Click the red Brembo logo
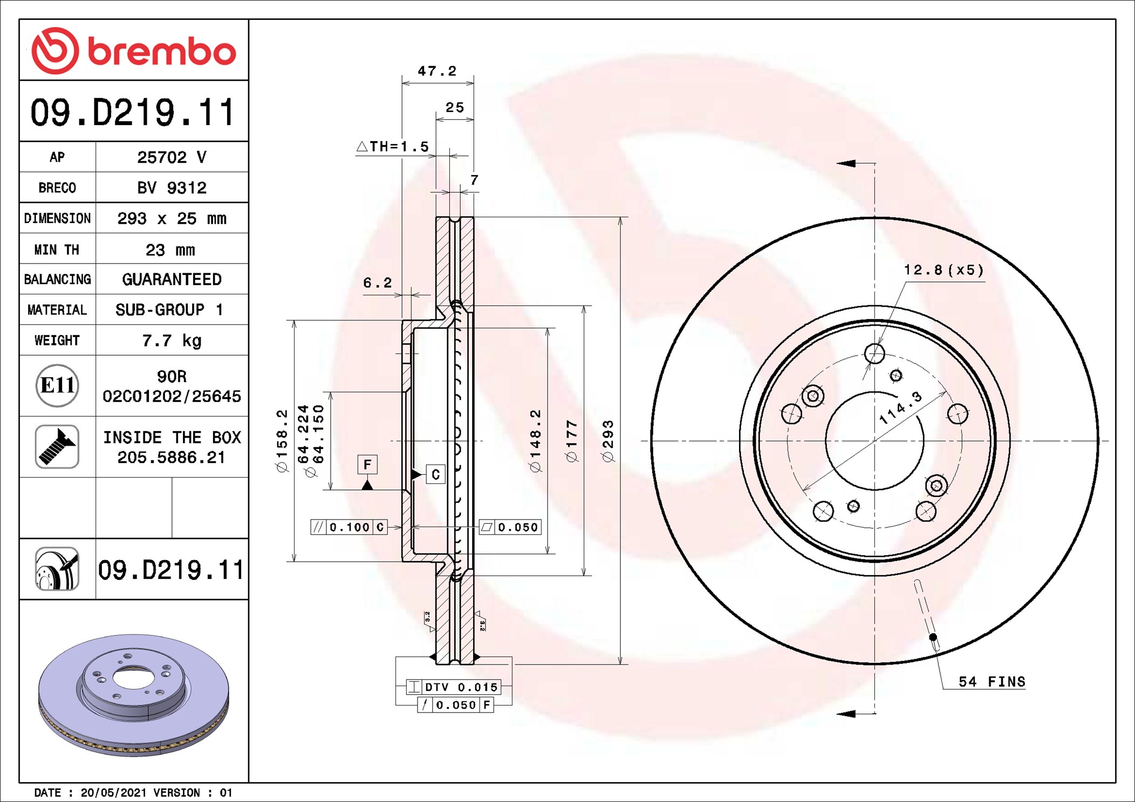(x=134, y=51)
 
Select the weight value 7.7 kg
(x=172, y=341)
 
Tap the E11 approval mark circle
(x=57, y=385)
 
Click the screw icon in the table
(x=57, y=447)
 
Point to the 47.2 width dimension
(x=437, y=71)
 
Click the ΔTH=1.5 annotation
(x=393, y=147)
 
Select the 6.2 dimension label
(x=377, y=282)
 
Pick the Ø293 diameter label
(x=608, y=441)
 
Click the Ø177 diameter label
(x=572, y=441)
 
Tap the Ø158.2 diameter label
(x=282, y=441)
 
